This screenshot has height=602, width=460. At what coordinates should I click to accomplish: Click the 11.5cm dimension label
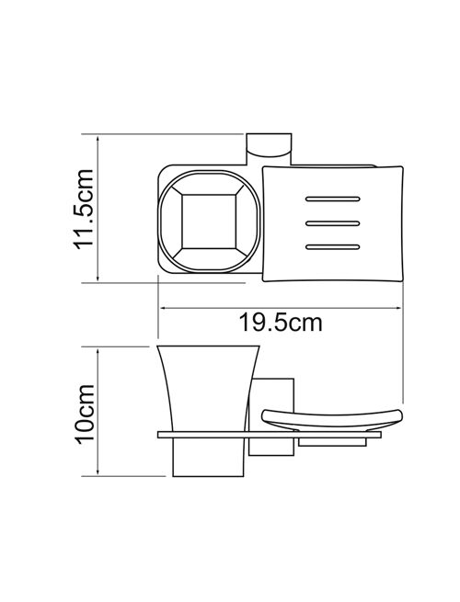84,210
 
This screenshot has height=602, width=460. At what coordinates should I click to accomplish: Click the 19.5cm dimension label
281,323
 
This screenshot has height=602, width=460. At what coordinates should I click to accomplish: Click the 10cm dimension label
84,415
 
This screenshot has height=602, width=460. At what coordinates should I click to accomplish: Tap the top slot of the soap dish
333,199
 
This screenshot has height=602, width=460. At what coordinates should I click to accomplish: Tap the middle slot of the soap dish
333,223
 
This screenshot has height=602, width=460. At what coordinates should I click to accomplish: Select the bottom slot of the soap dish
333,247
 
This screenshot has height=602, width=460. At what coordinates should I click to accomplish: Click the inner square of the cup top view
209,221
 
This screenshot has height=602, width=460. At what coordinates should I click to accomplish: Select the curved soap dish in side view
332,420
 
